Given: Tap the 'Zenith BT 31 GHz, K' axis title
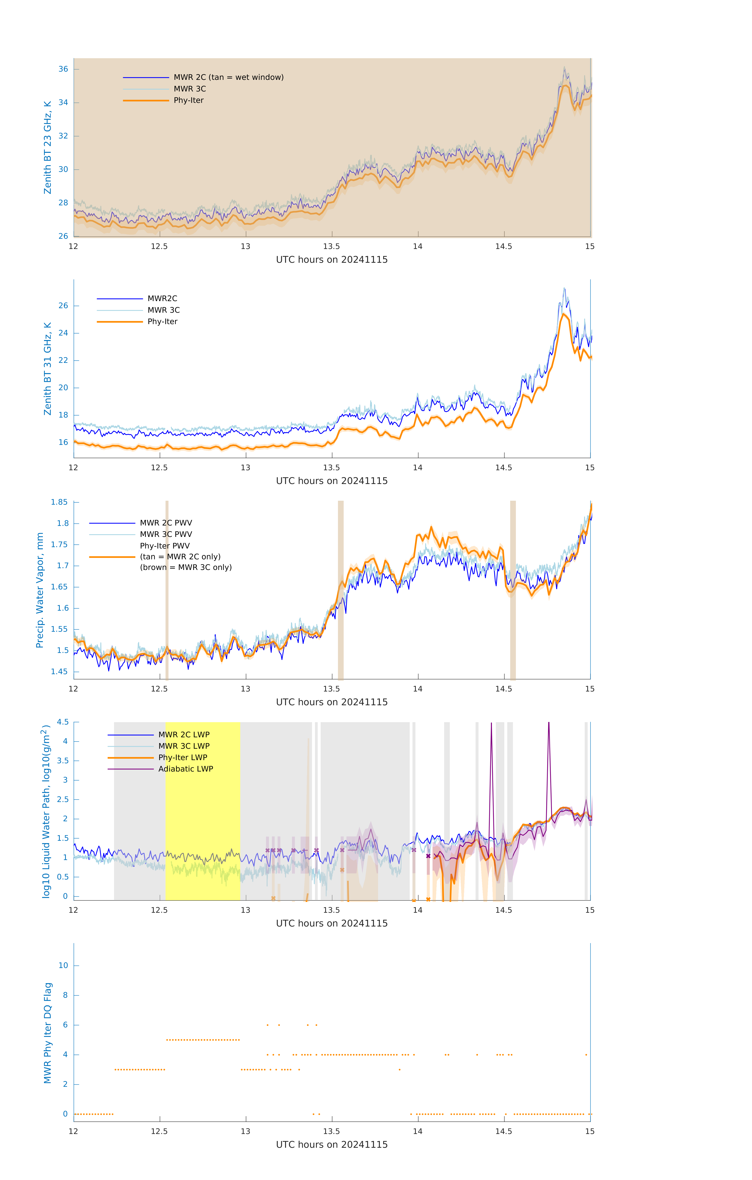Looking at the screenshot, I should tap(48, 369).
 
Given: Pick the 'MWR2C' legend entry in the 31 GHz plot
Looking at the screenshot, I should tap(162, 298).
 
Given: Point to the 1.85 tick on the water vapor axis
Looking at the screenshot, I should tap(59, 502).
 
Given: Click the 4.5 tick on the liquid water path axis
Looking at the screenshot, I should tap(63, 722).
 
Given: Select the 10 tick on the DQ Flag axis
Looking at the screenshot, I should tap(63, 965).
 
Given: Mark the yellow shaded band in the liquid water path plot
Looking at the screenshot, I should tap(202, 808).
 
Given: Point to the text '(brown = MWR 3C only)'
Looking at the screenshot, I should tap(186, 567).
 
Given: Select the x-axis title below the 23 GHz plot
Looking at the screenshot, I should tap(332, 260).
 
